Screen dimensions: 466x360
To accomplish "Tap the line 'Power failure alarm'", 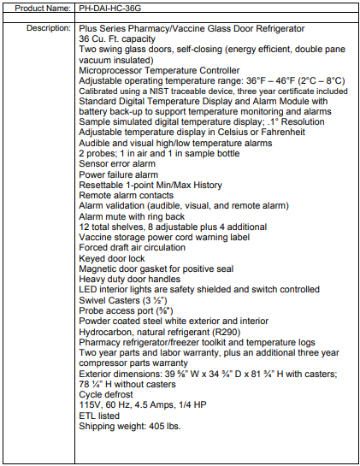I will pyautogui.click(x=118, y=174).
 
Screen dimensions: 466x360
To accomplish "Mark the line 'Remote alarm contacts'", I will pyautogui.click(x=124, y=195).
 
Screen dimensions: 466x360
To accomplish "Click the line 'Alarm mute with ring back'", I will pyautogui.click(x=131, y=215).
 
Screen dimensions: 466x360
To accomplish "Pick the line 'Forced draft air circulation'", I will pyautogui.click(x=132, y=247).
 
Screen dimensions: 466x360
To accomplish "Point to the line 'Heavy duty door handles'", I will pyautogui.click(x=128, y=279).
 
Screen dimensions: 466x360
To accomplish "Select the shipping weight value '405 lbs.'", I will pyautogui.click(x=166, y=426).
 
